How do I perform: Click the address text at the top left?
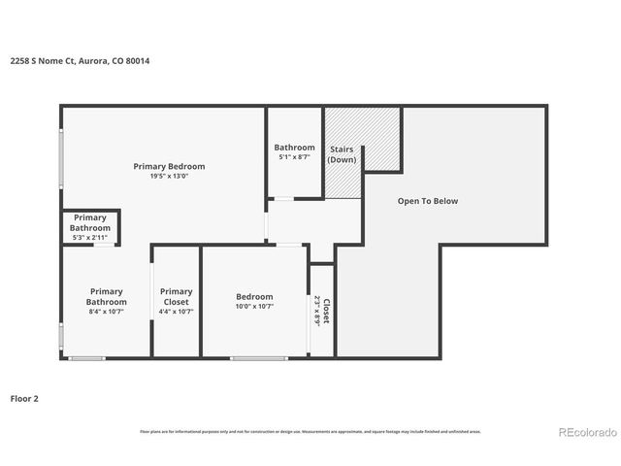pos(81,60)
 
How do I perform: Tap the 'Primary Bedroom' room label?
pos(170,166)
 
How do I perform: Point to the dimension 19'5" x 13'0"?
pos(170,177)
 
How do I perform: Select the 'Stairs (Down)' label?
pos(342,154)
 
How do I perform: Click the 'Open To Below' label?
pos(427,201)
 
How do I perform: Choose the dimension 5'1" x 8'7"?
pos(294,156)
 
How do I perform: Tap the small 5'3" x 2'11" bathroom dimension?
pos(89,237)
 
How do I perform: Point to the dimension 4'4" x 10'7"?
pos(176,312)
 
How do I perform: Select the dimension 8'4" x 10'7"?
pos(107,312)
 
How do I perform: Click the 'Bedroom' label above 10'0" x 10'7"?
pos(254,296)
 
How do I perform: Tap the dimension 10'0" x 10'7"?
pos(254,307)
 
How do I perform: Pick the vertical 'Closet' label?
pos(326,311)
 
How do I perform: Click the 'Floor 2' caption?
pos(25,398)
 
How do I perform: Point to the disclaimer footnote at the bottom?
pos(310,431)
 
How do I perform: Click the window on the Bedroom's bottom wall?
pos(258,358)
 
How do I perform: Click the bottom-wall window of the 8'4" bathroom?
pos(87,358)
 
